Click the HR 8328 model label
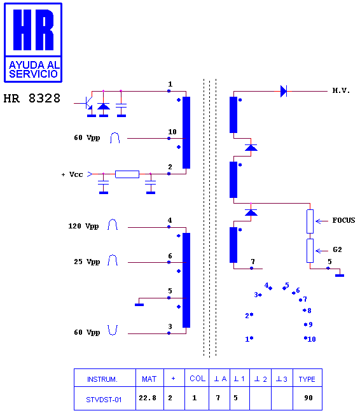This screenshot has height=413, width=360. coord(32,98)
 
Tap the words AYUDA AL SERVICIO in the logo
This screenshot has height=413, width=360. coord(34,69)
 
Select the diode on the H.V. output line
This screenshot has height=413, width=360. coord(284,91)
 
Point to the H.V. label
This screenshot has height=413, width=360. coord(341,90)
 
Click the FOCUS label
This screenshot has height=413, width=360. coord(343,220)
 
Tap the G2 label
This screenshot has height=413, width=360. coord(337,249)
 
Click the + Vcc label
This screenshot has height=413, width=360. coord(72,174)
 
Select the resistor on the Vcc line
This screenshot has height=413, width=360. coord(127,174)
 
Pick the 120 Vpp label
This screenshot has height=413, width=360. coord(83,226)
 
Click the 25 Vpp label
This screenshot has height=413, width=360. coord(87,262)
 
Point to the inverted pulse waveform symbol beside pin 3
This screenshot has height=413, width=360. coord(113,330)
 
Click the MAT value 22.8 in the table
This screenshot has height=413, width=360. coord(148,398)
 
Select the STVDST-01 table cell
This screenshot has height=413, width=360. coord(104,400)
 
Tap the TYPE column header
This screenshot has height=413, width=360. coord(307,379)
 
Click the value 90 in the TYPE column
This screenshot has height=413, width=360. coord(308,398)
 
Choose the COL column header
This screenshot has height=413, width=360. coord(198,379)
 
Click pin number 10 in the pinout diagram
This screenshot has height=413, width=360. coord(312,339)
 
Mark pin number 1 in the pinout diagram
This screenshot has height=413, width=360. coord(247,339)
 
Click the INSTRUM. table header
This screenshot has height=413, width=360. coord(102,379)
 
